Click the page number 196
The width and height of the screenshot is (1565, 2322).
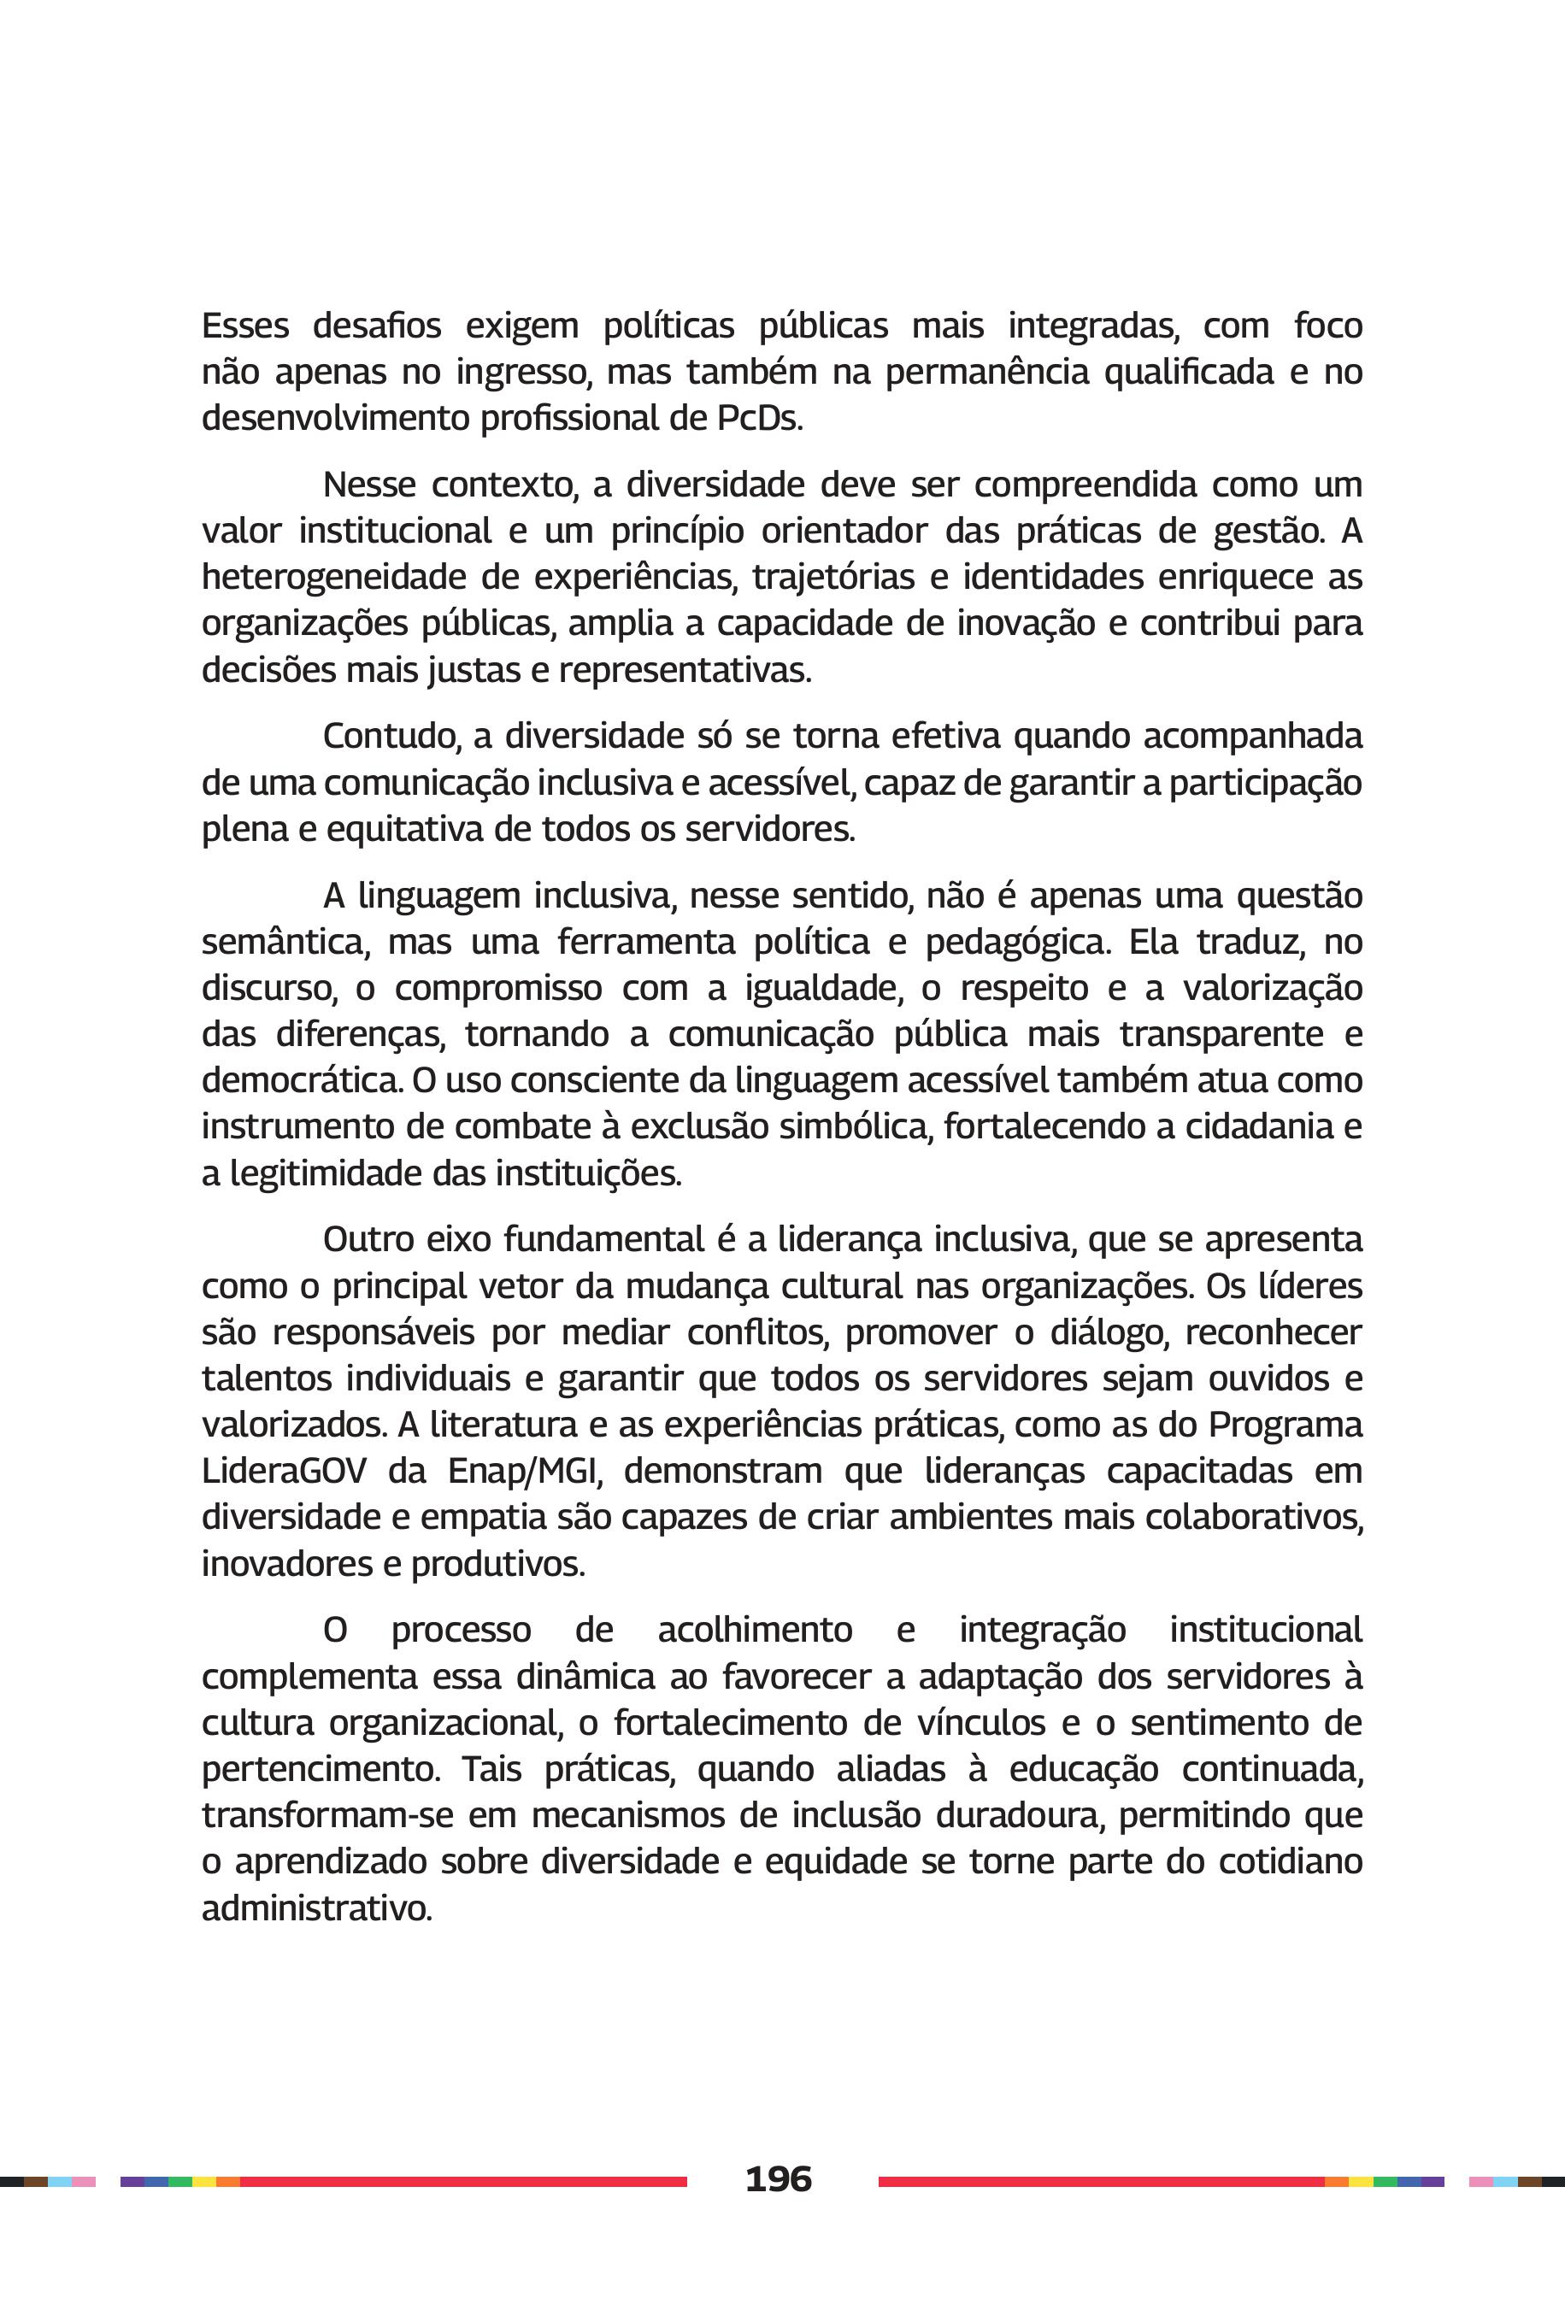[779, 2178]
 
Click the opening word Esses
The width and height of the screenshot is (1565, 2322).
[245, 326]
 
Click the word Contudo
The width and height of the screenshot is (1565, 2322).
[391, 737]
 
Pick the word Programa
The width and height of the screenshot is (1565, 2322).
[1286, 1425]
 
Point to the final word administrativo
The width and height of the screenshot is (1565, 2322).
[316, 1908]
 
